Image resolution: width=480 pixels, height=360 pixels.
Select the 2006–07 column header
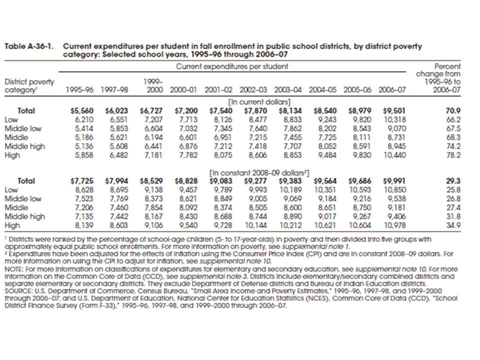(x=392, y=90)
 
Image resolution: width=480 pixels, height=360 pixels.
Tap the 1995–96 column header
(x=79, y=90)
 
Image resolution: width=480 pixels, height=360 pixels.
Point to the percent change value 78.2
(x=454, y=155)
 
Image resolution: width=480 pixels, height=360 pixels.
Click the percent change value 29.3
(x=454, y=181)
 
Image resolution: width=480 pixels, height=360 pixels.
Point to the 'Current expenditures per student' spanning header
(x=232, y=66)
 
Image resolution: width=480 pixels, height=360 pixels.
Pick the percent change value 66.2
(x=454, y=119)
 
